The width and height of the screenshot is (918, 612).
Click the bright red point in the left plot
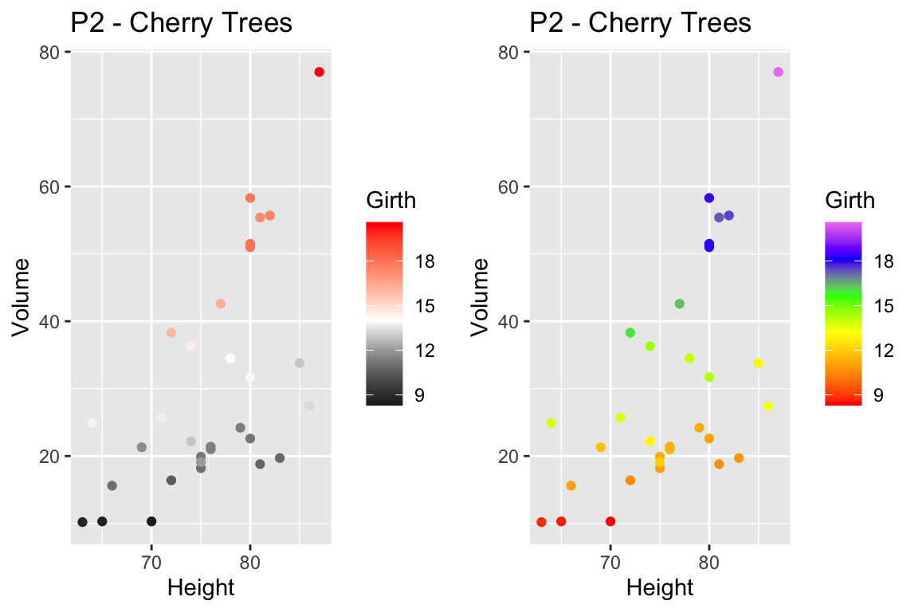[x=319, y=72]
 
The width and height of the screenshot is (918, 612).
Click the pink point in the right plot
[x=778, y=72]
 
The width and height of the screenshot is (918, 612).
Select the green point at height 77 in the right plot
[x=680, y=304]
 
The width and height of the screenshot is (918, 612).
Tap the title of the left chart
[x=181, y=23]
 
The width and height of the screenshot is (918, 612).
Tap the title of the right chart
[x=640, y=23]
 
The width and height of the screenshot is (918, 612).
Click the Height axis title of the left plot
[x=200, y=588]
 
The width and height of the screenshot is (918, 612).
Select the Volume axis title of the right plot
[x=481, y=296]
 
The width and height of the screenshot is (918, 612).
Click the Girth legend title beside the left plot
[x=390, y=199]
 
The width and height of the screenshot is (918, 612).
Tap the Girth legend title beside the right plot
[x=849, y=199]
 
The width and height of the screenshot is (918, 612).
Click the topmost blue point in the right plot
[x=709, y=198]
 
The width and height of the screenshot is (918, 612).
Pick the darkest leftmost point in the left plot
[x=82, y=522]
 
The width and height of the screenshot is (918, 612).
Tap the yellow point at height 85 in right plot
[x=759, y=363]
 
